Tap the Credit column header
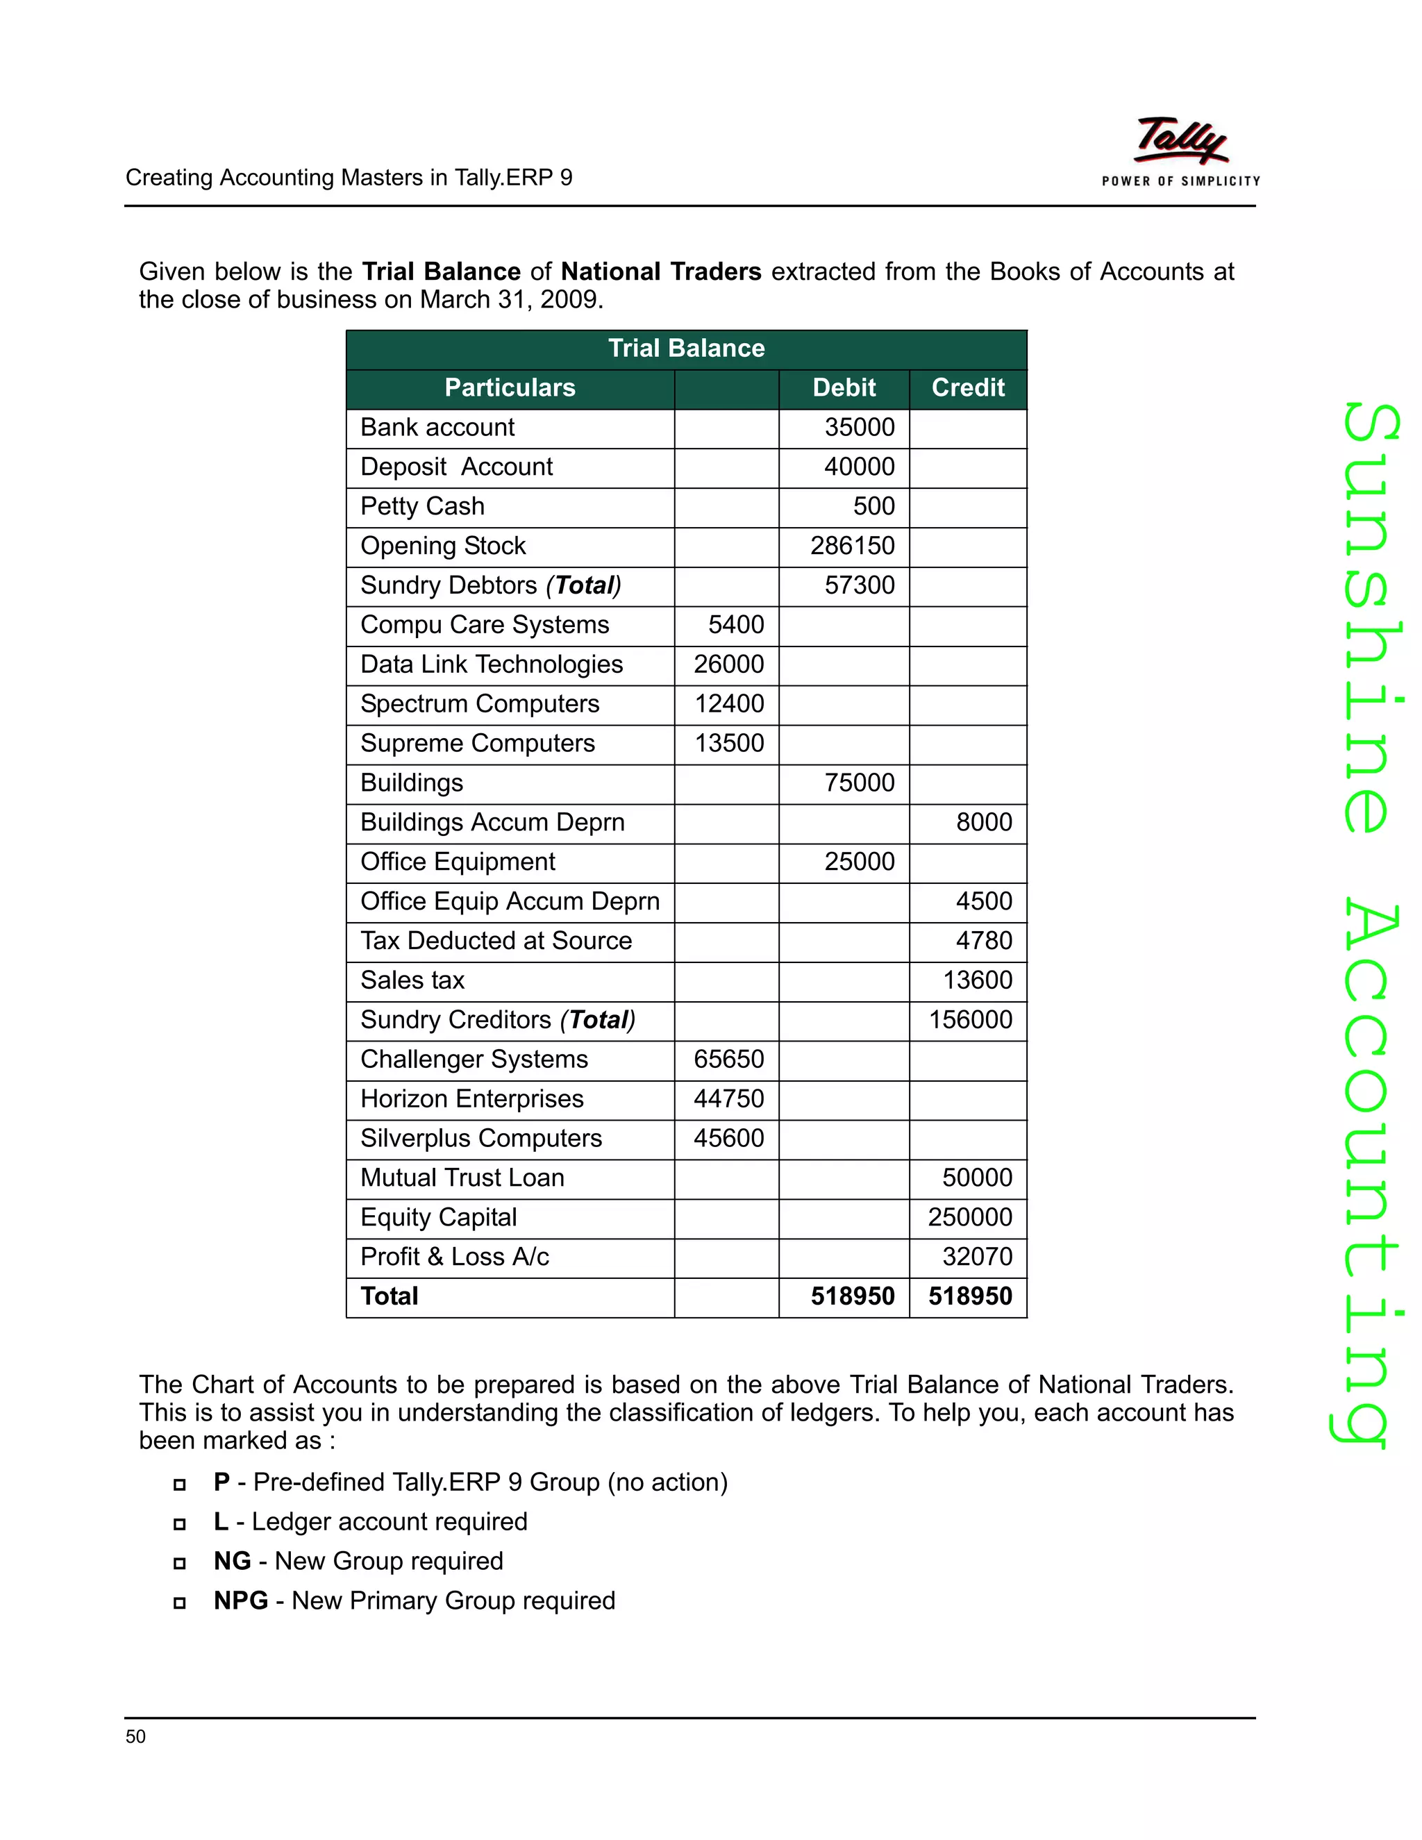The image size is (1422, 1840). point(967,387)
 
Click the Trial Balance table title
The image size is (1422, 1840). point(686,348)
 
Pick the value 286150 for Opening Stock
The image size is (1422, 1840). point(852,546)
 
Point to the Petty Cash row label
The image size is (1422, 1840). point(422,506)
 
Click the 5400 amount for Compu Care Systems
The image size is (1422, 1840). point(735,625)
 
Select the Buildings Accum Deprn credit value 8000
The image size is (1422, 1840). point(983,822)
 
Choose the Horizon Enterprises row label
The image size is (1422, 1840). point(471,1098)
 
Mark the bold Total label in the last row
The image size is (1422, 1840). point(390,1296)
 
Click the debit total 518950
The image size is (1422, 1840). point(852,1296)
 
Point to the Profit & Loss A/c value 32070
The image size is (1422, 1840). point(976,1257)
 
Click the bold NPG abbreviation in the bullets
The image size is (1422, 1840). point(241,1600)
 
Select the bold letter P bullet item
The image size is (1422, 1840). point(221,1482)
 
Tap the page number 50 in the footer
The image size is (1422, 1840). point(135,1737)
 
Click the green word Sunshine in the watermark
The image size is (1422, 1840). point(1371,619)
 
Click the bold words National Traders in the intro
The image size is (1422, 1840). point(660,272)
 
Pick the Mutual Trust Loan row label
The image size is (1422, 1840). point(462,1178)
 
